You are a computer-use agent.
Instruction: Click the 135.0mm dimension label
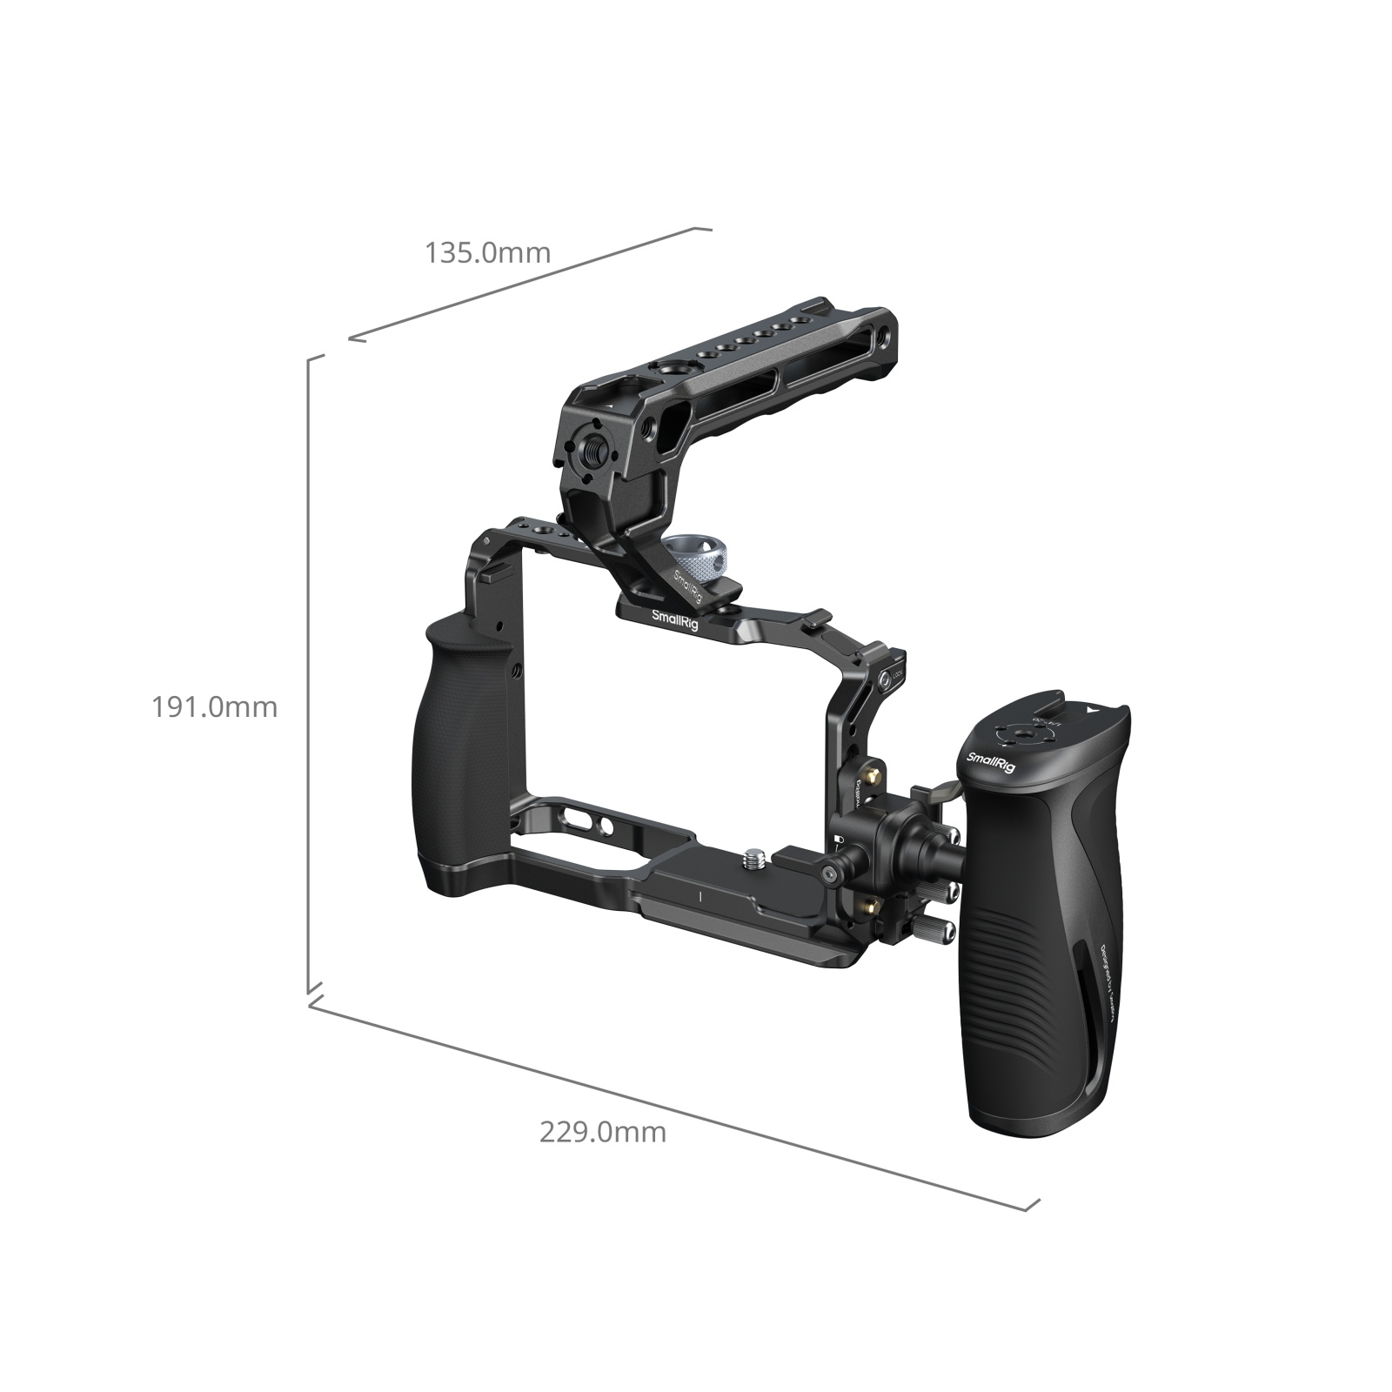coord(487,253)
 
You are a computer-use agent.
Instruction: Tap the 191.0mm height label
coord(215,706)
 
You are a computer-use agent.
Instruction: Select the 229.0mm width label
coord(603,1132)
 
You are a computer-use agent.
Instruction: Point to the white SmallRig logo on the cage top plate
coord(676,616)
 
